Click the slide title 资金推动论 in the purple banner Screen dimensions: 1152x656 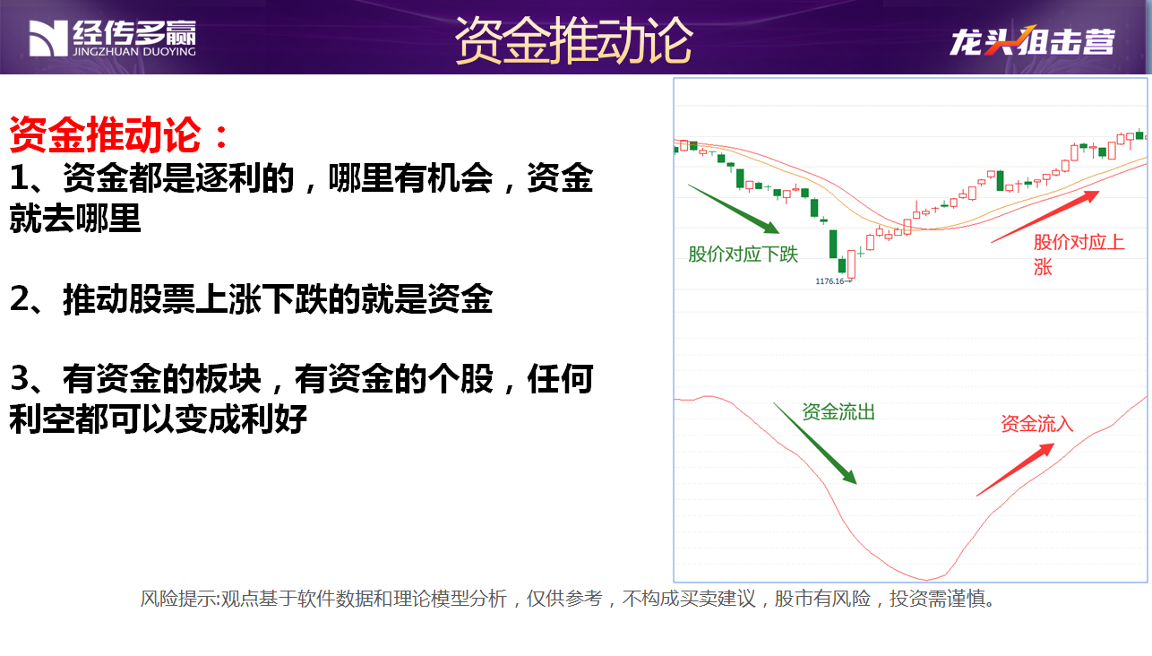(573, 40)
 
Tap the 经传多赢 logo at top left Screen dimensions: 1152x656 (113, 39)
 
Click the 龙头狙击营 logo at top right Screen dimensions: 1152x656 (1032, 41)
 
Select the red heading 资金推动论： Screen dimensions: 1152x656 (119, 134)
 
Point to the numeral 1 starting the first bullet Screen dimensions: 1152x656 (21, 178)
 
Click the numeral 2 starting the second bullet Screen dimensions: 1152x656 (21, 299)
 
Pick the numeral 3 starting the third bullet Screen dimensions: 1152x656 (21, 379)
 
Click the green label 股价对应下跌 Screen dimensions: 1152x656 (744, 255)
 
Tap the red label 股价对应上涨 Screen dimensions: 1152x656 (1079, 255)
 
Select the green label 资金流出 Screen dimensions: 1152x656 (838, 412)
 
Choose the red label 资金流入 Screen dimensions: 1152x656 (1037, 424)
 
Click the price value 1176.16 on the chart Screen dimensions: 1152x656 (830, 281)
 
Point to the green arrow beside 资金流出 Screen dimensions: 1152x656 (816, 444)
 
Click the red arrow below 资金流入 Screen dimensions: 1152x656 (1015, 470)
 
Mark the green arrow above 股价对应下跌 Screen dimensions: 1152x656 (734, 209)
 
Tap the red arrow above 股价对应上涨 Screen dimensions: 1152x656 (1045, 217)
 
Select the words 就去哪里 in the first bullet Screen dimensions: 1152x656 (75, 218)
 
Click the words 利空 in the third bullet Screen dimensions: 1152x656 (42, 419)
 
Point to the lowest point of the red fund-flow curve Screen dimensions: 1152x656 (925, 580)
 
